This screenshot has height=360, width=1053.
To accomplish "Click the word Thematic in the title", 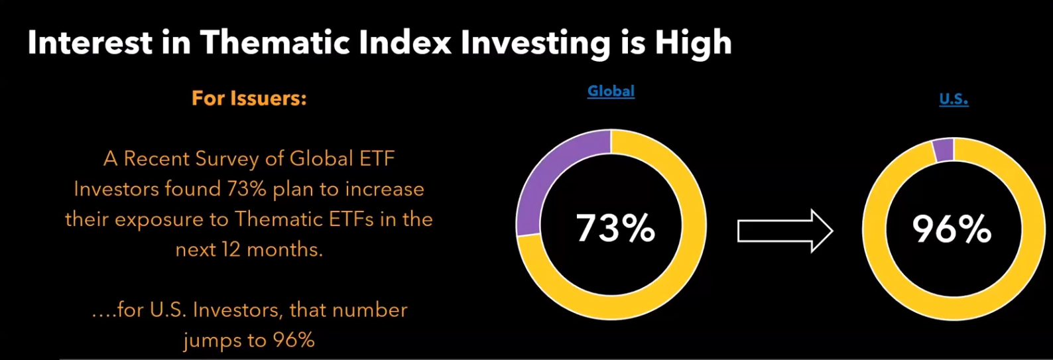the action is pos(275,43).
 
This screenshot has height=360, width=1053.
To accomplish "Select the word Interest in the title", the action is pos(90,43).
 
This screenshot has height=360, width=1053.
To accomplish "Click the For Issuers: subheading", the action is pos(249,98).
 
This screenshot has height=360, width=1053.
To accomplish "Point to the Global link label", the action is pos(611,91).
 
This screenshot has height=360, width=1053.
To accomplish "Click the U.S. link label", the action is pos(954,99).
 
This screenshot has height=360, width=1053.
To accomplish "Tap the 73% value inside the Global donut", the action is pos(615,229).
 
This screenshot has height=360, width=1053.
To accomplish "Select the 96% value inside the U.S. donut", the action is pos(952,229).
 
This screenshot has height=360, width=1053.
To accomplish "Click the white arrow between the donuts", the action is pos(784,231).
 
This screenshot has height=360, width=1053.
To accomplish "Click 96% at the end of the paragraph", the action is pos(294,340).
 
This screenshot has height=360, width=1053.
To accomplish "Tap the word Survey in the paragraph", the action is pos(227,159).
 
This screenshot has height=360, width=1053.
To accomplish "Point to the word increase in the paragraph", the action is pos(385,189).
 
